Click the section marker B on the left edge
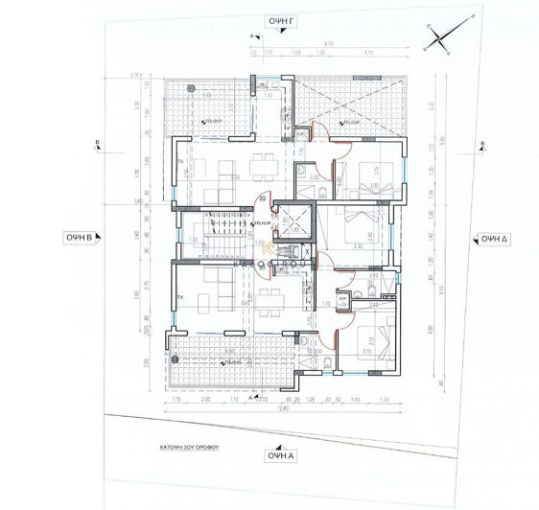coord(97,144)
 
